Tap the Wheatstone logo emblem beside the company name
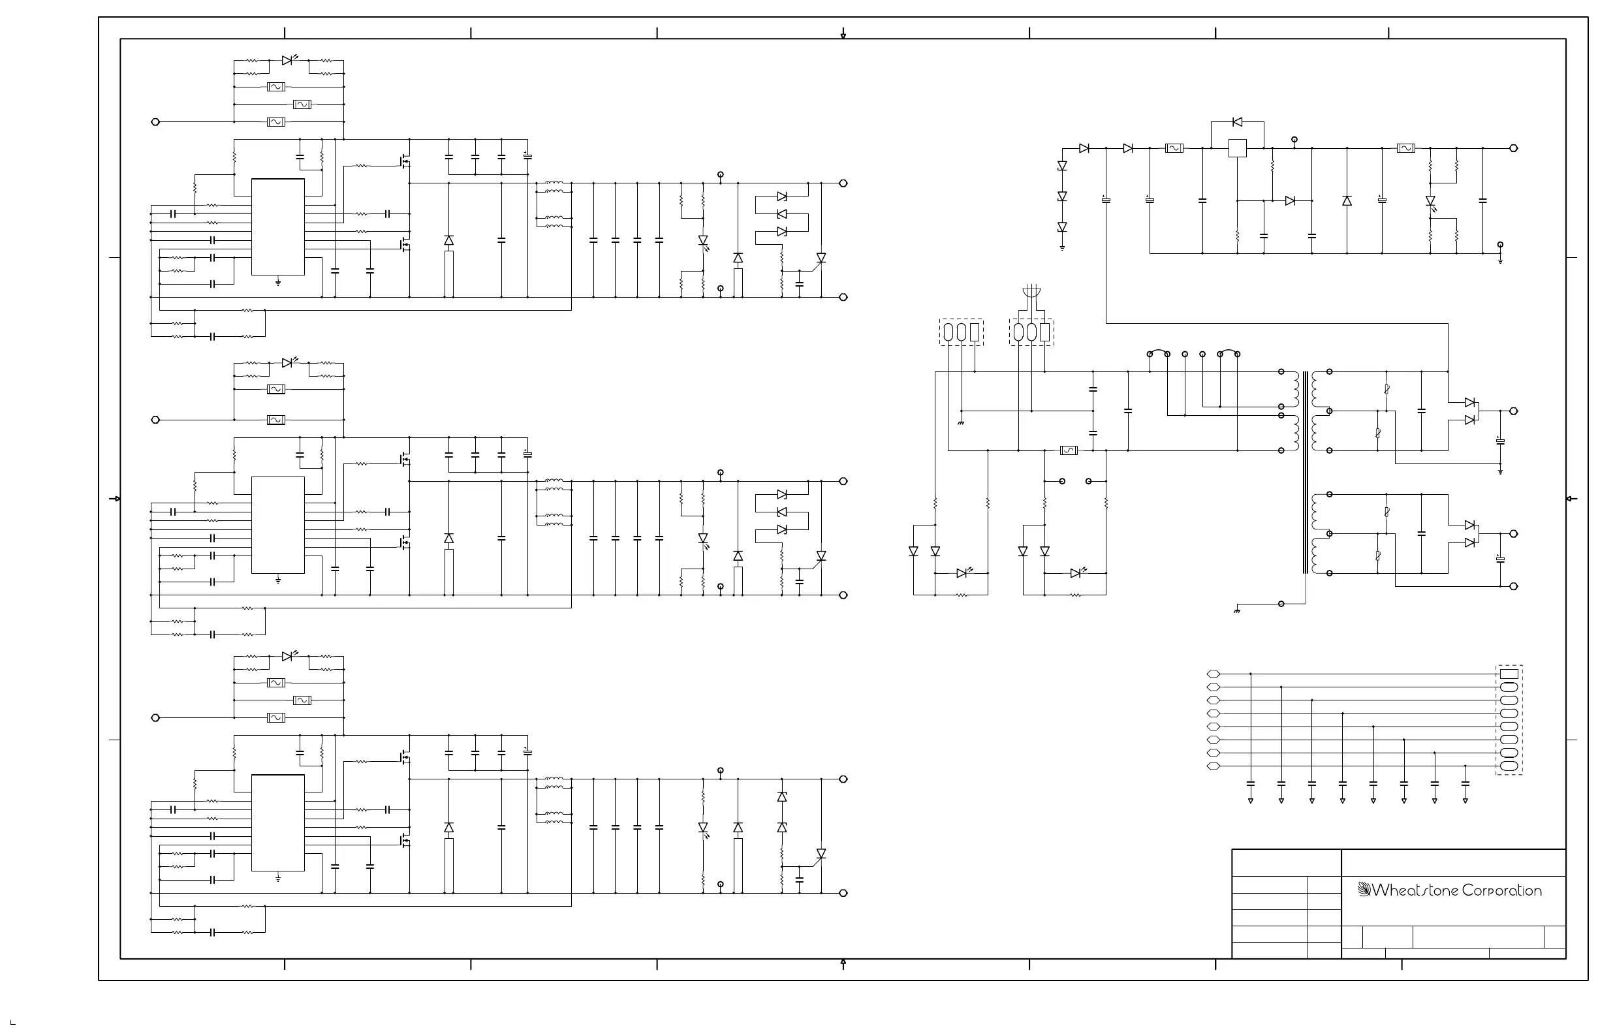click(x=1364, y=890)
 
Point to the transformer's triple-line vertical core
click(x=1306, y=473)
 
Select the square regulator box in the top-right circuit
click(x=1237, y=148)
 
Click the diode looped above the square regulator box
click(x=1237, y=122)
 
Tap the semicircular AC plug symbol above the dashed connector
click(x=1031, y=292)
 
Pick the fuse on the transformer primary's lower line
click(x=1068, y=450)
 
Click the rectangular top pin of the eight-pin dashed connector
click(x=1509, y=674)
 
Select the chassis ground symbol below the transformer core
click(x=1237, y=611)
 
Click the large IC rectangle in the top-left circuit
click(x=278, y=227)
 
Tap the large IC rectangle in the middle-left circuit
click(x=278, y=525)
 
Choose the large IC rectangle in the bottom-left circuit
click(x=278, y=822)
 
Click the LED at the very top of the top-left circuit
click(x=288, y=61)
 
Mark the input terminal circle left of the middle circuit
click(x=156, y=420)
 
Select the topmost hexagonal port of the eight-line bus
click(x=1214, y=674)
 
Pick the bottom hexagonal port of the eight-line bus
click(x=1214, y=766)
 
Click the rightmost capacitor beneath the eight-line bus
click(x=1465, y=783)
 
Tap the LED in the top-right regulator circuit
click(x=1430, y=202)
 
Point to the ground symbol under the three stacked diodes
click(x=1062, y=249)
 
